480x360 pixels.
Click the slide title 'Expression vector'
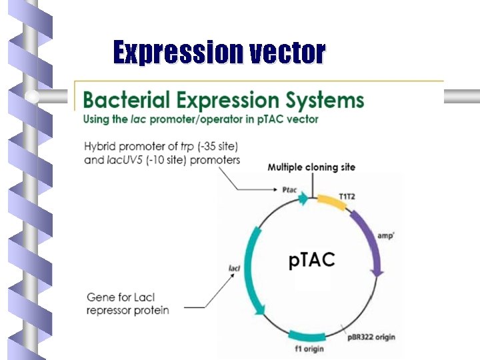(219, 52)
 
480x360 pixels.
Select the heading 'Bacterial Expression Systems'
(223, 101)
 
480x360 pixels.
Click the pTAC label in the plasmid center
(312, 259)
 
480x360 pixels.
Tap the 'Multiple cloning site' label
(311, 167)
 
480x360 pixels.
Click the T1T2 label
(347, 196)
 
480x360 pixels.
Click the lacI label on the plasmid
(234, 269)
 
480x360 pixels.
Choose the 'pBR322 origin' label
(370, 337)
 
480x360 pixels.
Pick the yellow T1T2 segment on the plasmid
(331, 202)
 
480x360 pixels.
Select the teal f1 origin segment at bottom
(305, 334)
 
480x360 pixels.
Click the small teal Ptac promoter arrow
(305, 197)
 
